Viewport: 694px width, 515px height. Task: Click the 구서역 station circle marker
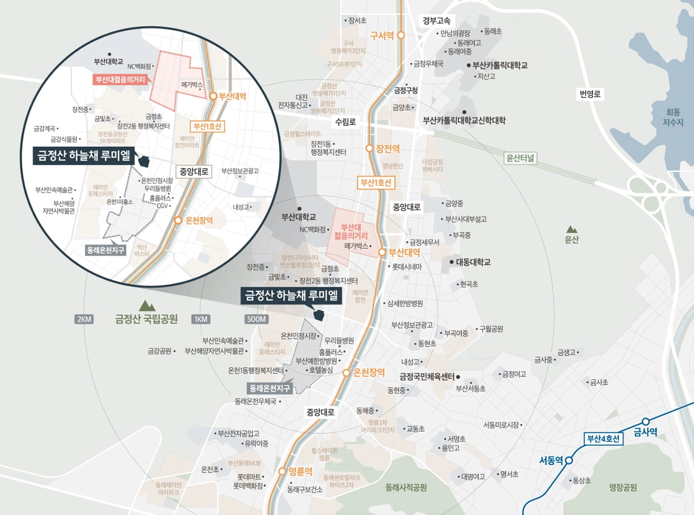[401, 35]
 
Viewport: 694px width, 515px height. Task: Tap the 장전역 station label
[388, 149]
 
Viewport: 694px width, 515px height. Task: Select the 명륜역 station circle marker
[282, 471]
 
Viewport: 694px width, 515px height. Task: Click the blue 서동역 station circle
[569, 460]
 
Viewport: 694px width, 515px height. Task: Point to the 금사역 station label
[645, 432]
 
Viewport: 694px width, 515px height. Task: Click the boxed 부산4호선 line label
[603, 439]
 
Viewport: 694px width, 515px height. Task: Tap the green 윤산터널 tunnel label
[520, 158]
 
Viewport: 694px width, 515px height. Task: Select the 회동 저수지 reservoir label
[673, 117]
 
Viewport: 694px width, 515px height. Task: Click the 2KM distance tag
[84, 319]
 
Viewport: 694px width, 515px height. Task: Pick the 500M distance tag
[256, 319]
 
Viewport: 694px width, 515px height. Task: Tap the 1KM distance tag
[201, 319]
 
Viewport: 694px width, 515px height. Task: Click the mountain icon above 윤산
[572, 229]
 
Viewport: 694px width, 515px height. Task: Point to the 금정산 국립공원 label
[146, 319]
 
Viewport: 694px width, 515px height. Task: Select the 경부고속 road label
[436, 21]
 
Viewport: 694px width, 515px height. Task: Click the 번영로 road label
[590, 94]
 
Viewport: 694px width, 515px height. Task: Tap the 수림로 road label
[345, 122]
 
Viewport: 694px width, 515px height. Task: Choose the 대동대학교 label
[473, 262]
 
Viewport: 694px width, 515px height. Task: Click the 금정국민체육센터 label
[427, 376]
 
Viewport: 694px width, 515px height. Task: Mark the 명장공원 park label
[623, 487]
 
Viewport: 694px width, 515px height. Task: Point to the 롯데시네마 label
[407, 266]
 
